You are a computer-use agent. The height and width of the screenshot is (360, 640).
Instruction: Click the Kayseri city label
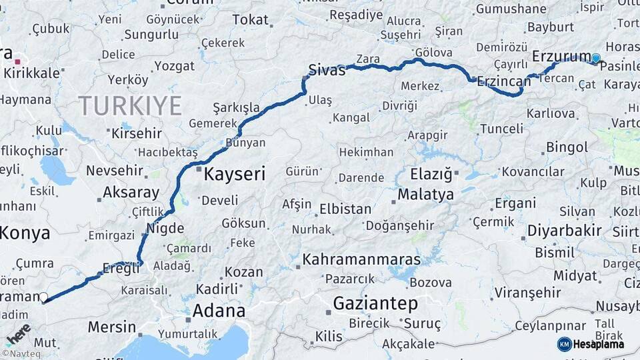(234, 175)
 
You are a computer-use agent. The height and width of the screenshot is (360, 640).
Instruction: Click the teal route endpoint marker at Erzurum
(595, 59)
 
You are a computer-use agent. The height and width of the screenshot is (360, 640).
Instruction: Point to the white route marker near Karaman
(43, 297)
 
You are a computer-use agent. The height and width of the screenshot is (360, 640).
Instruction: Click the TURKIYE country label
(130, 105)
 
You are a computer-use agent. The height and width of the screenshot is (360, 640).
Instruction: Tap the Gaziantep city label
(375, 303)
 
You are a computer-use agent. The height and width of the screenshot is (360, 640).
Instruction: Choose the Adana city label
(219, 311)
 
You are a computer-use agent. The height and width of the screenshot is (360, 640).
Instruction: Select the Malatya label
(425, 195)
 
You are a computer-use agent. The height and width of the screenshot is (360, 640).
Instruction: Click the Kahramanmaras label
(361, 259)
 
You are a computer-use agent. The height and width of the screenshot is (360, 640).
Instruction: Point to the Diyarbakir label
(565, 231)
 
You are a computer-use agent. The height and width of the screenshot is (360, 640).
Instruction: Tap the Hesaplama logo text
(600, 344)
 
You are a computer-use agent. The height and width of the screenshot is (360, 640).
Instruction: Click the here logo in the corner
(18, 332)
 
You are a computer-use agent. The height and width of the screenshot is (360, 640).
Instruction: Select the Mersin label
(112, 327)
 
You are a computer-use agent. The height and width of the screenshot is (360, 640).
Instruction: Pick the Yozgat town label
(175, 65)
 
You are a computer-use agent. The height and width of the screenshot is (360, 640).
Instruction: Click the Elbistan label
(345, 209)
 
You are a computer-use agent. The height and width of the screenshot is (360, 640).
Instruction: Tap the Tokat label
(250, 20)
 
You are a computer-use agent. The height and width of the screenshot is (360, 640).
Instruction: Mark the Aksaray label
(131, 193)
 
